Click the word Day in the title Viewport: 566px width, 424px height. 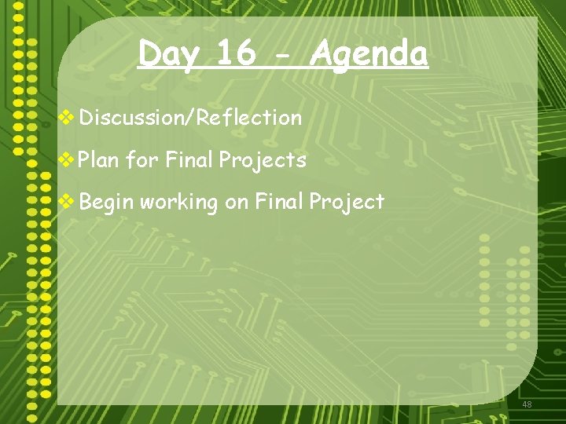coord(168,54)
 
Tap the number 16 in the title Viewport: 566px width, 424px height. coord(236,54)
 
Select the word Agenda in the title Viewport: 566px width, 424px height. coord(369,54)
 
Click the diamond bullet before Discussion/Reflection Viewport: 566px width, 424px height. coord(68,118)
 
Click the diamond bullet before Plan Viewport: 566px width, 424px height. coord(68,160)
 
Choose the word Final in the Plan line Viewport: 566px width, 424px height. coord(189,160)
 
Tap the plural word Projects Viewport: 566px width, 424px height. coord(263,161)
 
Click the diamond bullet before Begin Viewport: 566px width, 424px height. coord(68,202)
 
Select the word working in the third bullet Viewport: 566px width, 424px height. coord(178,203)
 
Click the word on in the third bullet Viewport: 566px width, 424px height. coord(237,203)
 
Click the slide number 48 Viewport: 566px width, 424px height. coord(527,404)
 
